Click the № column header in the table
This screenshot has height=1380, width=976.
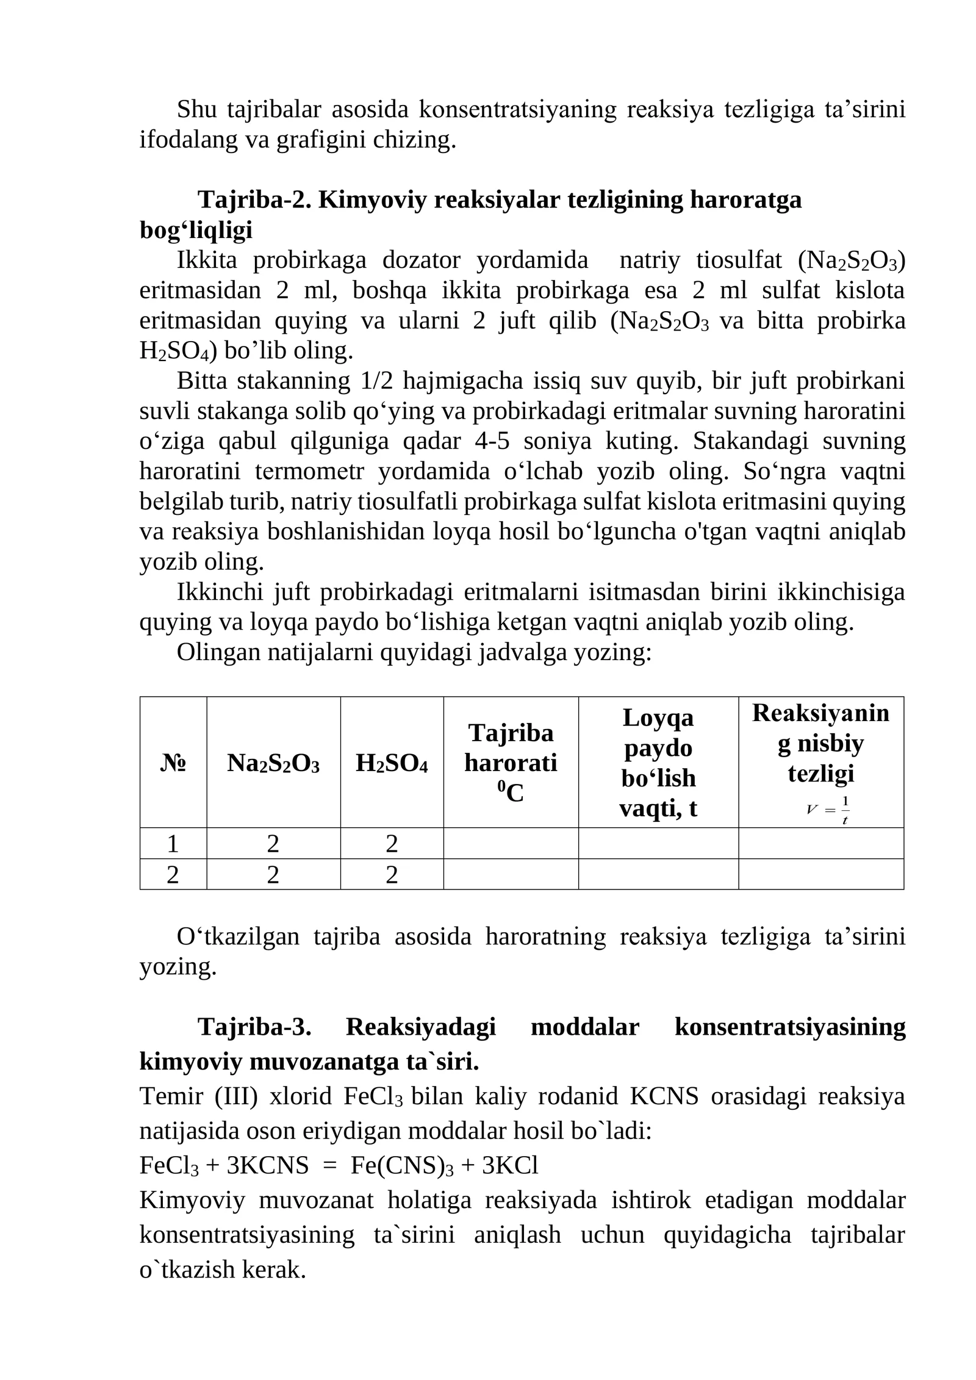(173, 763)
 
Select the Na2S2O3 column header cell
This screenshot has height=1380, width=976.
(273, 763)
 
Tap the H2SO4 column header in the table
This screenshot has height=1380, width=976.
(391, 763)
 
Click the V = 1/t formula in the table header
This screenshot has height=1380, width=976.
(828, 810)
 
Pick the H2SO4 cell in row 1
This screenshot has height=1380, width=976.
(391, 844)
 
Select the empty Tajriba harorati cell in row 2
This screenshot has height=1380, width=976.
(510, 874)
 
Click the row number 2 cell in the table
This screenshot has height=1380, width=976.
(173, 875)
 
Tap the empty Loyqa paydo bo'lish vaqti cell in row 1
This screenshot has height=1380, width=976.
(658, 843)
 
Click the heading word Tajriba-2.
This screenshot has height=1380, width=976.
(254, 199)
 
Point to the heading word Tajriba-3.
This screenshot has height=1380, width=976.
(254, 1027)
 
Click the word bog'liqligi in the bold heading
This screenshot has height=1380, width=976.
(196, 230)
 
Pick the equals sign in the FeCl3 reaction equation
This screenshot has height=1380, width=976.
(329, 1165)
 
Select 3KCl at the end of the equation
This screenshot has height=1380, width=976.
(510, 1165)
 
